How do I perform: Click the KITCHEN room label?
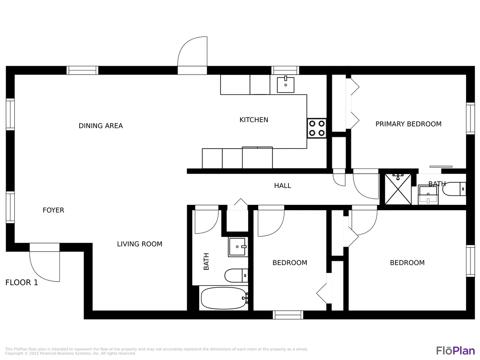[254, 120]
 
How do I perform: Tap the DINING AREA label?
[101, 126]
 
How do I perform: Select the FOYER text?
[53, 210]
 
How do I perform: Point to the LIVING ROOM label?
[139, 244]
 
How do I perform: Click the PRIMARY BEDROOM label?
[409, 124]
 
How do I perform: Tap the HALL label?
[282, 185]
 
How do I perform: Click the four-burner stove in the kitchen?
[317, 128]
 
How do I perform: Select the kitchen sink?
[285, 84]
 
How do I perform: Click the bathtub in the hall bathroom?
[224, 298]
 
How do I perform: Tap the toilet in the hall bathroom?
[237, 276]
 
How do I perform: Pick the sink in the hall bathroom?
[238, 247]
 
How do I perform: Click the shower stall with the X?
[398, 189]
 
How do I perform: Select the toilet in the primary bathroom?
[454, 189]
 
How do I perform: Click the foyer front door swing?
[45, 266]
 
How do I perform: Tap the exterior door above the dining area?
[192, 55]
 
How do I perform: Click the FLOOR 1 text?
[22, 282]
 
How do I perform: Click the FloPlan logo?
[455, 350]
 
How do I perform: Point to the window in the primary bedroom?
[470, 118]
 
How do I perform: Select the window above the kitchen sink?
[285, 71]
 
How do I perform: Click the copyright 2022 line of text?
[71, 354]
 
